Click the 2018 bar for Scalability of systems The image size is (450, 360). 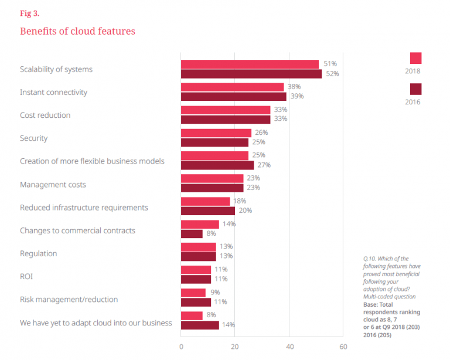click(x=250, y=64)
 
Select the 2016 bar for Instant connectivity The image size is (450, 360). click(x=233, y=97)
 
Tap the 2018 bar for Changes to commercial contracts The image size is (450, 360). click(x=200, y=224)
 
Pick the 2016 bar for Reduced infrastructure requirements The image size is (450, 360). click(x=207, y=211)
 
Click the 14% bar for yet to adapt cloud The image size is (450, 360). click(x=200, y=325)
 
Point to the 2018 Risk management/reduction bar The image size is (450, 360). click(x=193, y=293)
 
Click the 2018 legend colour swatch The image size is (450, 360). click(x=415, y=58)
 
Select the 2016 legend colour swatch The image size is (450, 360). click(x=415, y=89)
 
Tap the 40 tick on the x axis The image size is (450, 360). click(x=289, y=347)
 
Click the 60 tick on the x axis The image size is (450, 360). click(x=343, y=347)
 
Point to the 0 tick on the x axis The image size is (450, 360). click(x=181, y=347)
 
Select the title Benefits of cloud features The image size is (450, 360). click(x=77, y=31)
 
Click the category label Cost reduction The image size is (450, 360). click(x=45, y=116)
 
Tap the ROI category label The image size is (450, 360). click(x=26, y=276)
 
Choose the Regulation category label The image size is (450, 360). click(x=38, y=253)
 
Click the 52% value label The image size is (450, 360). click(x=332, y=74)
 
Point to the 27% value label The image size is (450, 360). click(x=264, y=165)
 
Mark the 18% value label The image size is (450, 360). click(x=240, y=201)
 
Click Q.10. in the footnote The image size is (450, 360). click(x=371, y=259)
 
